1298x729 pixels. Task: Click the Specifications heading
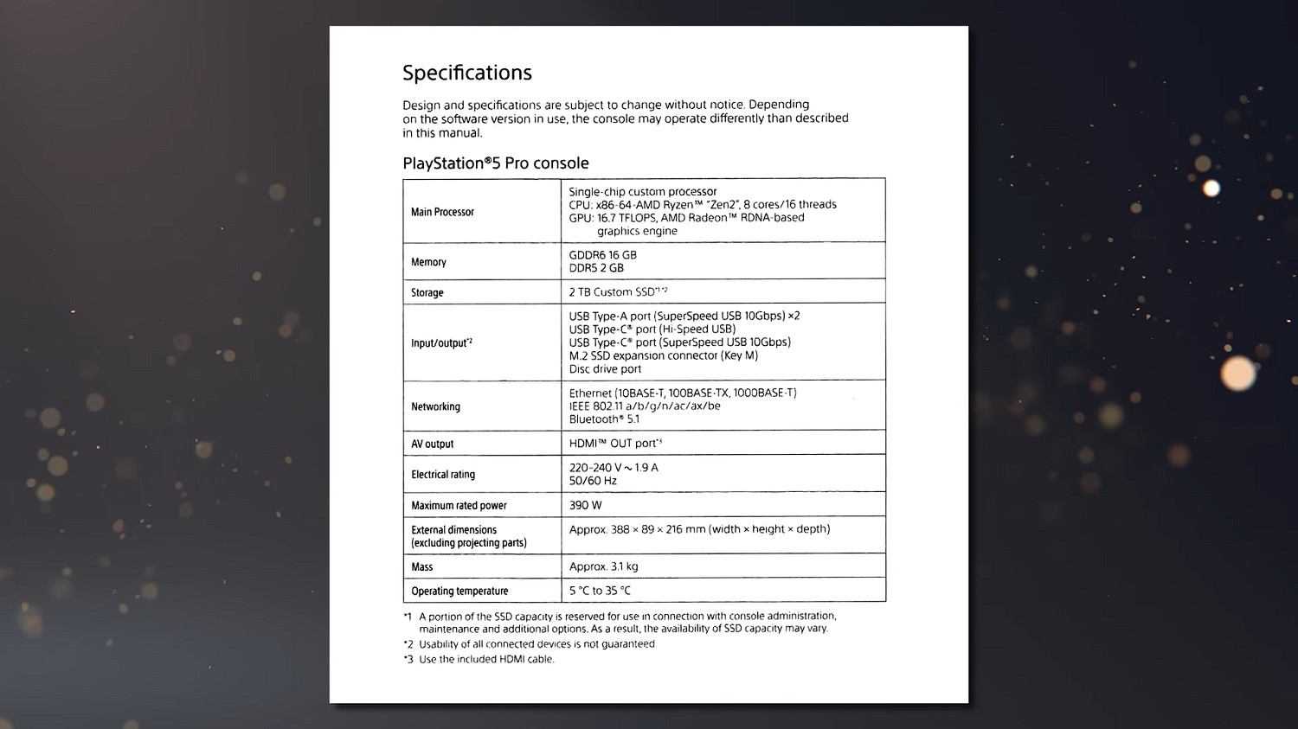[466, 73]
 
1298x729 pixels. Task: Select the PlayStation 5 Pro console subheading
[495, 163]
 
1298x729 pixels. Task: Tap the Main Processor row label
[442, 212]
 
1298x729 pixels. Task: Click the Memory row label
[428, 262]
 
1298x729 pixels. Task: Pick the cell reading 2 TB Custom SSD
[618, 292]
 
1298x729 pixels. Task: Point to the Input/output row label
[441, 343]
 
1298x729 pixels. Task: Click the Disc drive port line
[605, 369]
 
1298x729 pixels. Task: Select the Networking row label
[435, 406]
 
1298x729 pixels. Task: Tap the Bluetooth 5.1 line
[604, 419]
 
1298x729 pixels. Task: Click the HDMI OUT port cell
[615, 444]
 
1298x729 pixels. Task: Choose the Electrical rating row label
[443, 475]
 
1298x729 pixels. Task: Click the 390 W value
[585, 505]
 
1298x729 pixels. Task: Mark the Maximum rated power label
[459, 506]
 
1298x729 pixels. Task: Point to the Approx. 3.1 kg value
[603, 566]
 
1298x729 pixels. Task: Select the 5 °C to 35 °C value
[600, 591]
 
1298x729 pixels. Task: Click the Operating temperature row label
[459, 592]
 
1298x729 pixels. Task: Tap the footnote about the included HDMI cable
[485, 659]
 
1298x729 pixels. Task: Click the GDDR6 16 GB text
[602, 255]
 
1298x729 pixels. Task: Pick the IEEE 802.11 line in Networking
[645, 406]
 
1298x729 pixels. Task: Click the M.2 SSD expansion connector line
[663, 355]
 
